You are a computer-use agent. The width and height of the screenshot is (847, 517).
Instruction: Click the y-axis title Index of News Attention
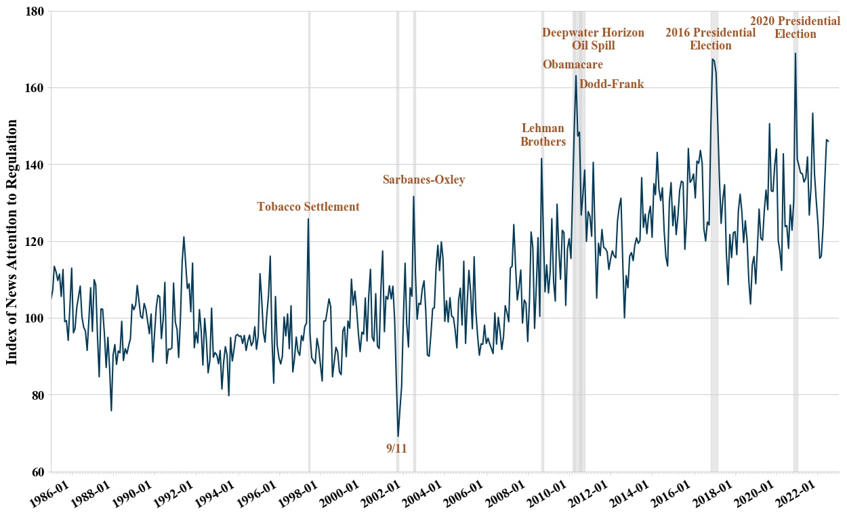[13, 241]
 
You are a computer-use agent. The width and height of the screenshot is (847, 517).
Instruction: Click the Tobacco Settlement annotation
[308, 207]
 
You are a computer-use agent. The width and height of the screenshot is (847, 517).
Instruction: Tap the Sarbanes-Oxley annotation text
[423, 180]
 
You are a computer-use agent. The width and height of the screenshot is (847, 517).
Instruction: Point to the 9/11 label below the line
[396, 448]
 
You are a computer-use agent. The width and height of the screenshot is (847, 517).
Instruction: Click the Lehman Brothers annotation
[543, 135]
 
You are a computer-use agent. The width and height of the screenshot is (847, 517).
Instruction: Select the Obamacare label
[573, 64]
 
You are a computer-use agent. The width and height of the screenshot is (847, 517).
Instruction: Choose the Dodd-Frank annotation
[611, 84]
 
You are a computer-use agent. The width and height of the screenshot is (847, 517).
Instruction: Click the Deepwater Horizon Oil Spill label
[593, 39]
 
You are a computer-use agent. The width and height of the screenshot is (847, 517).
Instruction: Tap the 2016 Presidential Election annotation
[710, 39]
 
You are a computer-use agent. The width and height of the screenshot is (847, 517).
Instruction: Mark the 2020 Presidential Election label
[795, 28]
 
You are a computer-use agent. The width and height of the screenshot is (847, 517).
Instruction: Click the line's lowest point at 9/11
[398, 436]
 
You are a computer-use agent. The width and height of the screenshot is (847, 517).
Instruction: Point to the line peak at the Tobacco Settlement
[308, 219]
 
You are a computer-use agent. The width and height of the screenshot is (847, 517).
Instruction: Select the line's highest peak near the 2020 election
[795, 54]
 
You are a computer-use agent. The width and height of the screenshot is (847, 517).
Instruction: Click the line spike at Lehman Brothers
[541, 159]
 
